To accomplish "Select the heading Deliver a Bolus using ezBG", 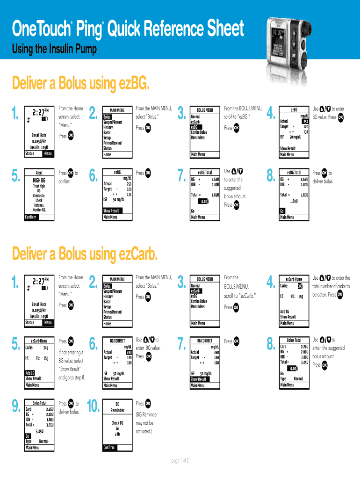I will pyautogui.click(x=81, y=84).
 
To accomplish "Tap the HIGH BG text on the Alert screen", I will pyautogui.click(x=39, y=181).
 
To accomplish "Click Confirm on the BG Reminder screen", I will pyautogui.click(x=109, y=447).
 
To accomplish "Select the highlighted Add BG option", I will pyautogui.click(x=30, y=373).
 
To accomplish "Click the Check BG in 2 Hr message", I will pyautogui.click(x=117, y=428).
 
